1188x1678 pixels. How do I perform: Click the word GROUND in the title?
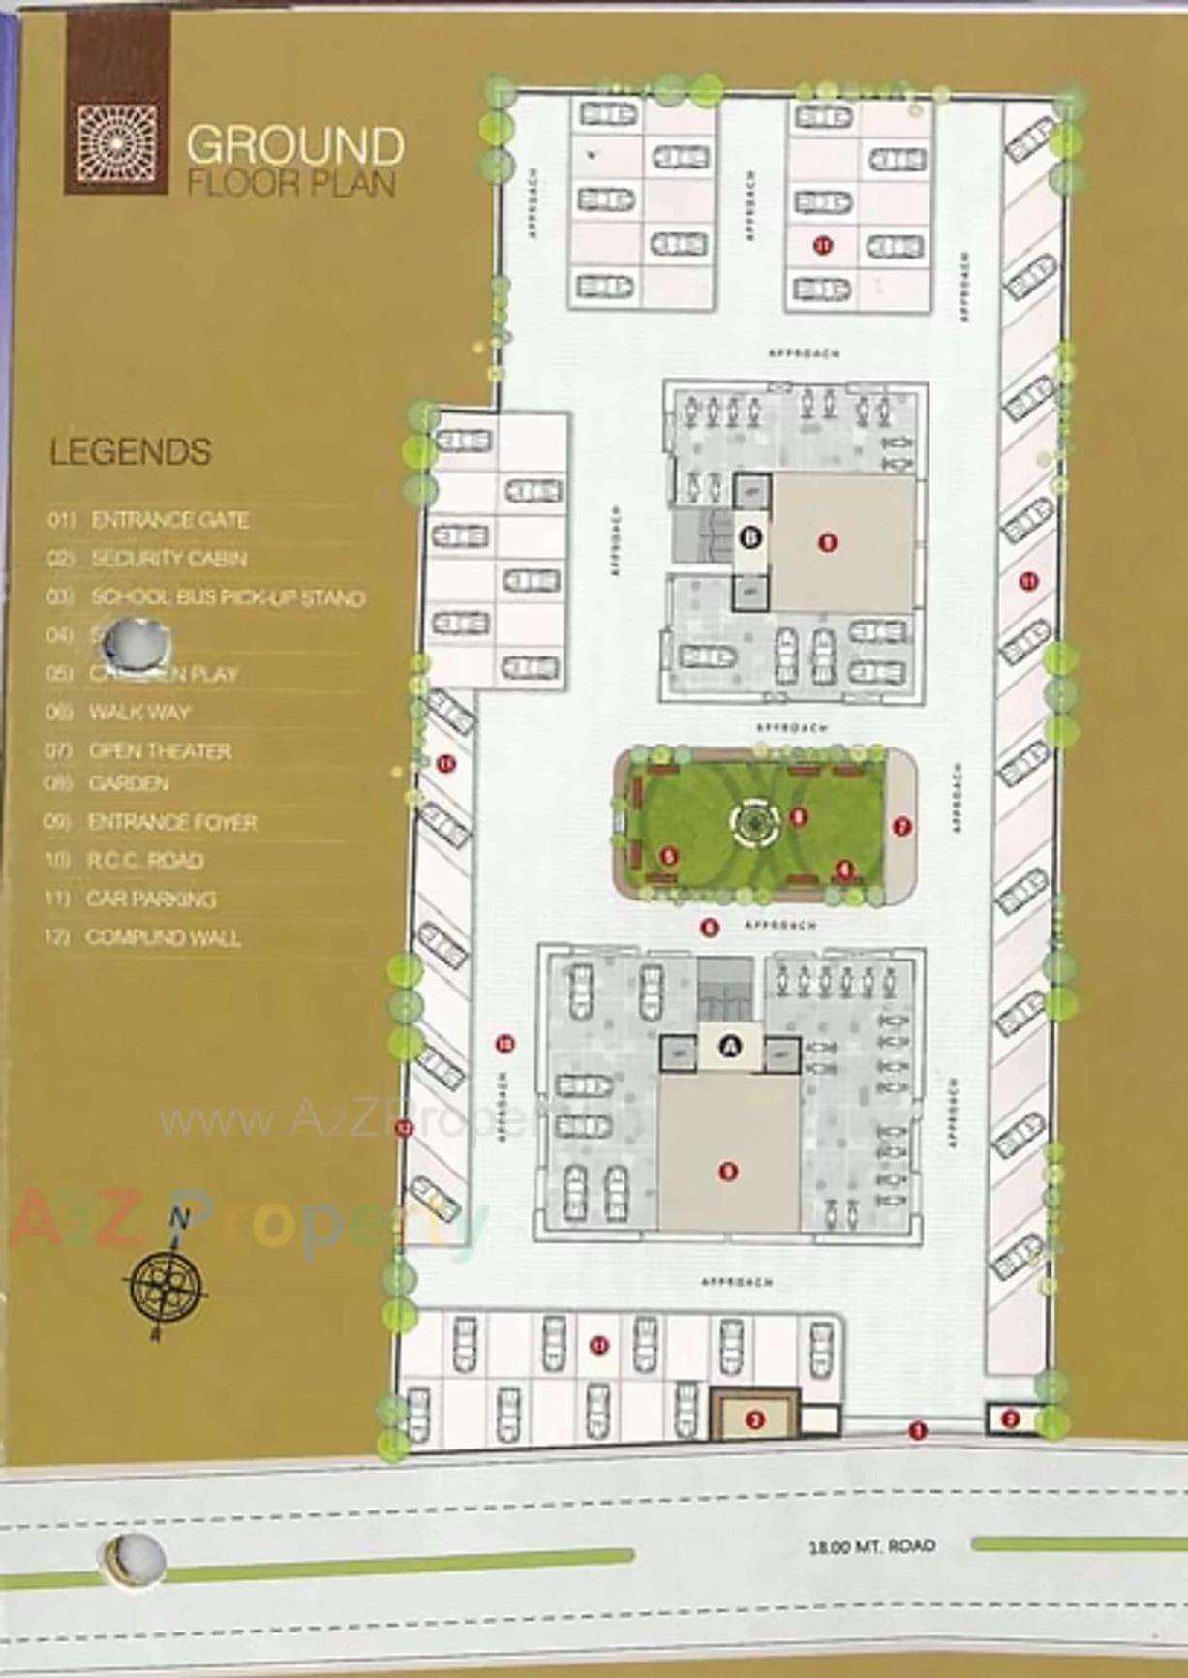[294, 145]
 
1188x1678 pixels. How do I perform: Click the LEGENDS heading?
[131, 452]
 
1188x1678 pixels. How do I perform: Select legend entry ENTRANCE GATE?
[169, 520]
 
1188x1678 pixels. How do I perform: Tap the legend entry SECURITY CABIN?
[168, 559]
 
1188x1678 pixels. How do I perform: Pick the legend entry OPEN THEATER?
[160, 750]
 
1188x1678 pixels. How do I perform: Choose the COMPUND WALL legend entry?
[163, 937]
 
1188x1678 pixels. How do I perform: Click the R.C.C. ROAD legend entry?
[145, 860]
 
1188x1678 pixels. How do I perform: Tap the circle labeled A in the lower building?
[732, 1045]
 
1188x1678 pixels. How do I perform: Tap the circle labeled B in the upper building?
[751, 535]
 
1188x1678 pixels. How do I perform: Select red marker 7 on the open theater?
[901, 827]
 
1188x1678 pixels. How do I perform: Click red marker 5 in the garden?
[669, 856]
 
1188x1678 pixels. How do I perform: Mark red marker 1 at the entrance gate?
[918, 1429]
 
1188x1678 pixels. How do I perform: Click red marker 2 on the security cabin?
[1011, 1419]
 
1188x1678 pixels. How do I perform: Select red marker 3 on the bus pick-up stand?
[755, 1419]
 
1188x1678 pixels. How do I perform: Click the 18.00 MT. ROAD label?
[871, 1546]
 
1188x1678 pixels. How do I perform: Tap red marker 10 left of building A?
[504, 1043]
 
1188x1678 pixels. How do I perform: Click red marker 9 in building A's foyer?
[729, 1172]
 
